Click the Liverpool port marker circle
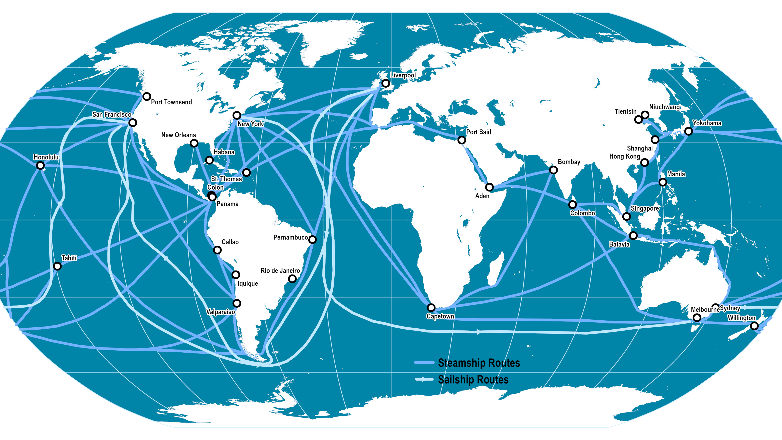point(386,83)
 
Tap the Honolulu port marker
point(40,165)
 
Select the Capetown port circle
point(431,308)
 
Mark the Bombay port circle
point(554,170)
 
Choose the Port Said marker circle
point(461,140)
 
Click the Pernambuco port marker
point(312,240)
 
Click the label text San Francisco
point(112,114)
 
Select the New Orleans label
point(179,135)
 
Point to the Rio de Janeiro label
point(280,271)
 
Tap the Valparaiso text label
point(220,312)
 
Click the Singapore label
point(645,208)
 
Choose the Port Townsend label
point(171,102)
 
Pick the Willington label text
point(741,318)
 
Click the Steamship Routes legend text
point(479,363)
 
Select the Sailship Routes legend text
point(473,379)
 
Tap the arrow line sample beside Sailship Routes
point(424,379)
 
